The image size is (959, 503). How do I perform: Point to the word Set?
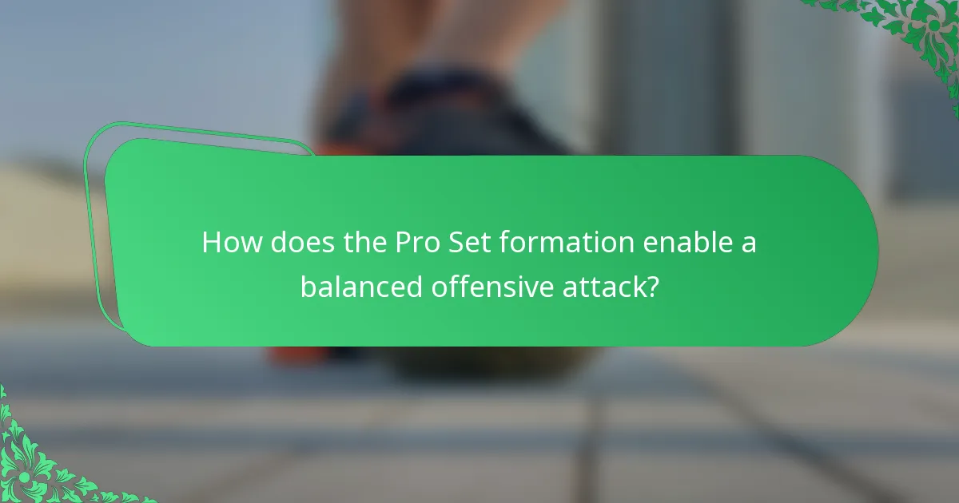point(472,242)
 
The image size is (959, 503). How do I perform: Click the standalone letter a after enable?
point(748,244)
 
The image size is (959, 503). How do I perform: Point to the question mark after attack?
point(653,286)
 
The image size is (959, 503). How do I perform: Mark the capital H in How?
point(213,242)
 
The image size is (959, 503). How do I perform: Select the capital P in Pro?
point(404,242)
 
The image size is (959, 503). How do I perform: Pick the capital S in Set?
point(459,242)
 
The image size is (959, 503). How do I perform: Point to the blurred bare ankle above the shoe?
point(448,40)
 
